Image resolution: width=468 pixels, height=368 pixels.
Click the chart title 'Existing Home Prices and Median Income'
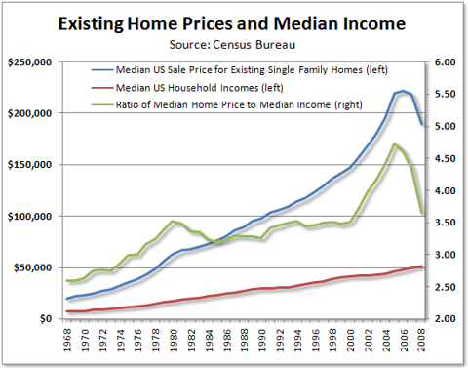pyautogui.click(x=234, y=20)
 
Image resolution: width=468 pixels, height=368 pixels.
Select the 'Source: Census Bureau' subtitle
pyautogui.click(x=234, y=43)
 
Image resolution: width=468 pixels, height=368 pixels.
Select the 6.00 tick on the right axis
pyautogui.click(x=446, y=61)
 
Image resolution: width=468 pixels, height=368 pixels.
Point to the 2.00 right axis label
pyautogui.click(x=446, y=319)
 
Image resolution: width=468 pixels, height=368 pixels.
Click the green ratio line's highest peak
pyautogui.click(x=394, y=144)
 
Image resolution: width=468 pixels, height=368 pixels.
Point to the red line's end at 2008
pyautogui.click(x=421, y=266)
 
